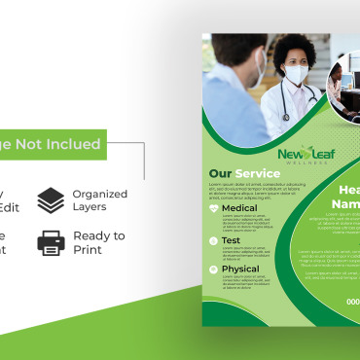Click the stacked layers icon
pyautogui.click(x=51, y=199)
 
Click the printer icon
pyautogui.click(x=51, y=242)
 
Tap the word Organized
pyautogui.click(x=99, y=194)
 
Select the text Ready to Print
pyautogui.click(x=99, y=242)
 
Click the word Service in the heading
pyautogui.click(x=257, y=175)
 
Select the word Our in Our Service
pyautogui.click(x=220, y=175)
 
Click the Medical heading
pyautogui.click(x=239, y=208)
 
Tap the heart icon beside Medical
pyautogui.click(x=214, y=208)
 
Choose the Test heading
pyautogui.click(x=232, y=239)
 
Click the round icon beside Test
pyautogui.click(x=214, y=239)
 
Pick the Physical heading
pyautogui.click(x=241, y=270)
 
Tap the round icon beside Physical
pyautogui.click(x=214, y=270)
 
